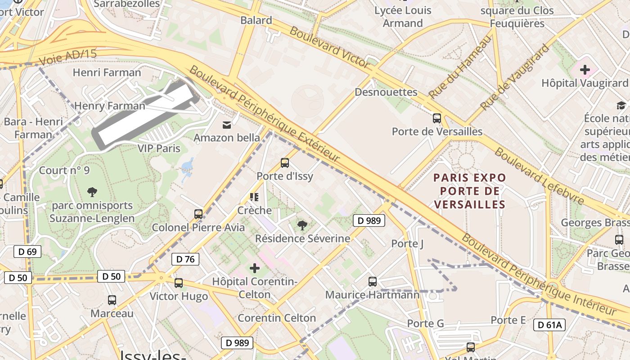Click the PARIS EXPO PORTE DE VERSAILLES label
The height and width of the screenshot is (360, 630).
tap(470, 191)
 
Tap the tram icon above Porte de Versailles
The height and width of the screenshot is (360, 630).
tap(436, 118)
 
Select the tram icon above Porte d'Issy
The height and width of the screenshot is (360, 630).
tap(284, 163)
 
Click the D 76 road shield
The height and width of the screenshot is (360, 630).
tap(185, 259)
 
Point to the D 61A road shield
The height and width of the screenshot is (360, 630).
tap(549, 325)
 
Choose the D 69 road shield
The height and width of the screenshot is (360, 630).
tap(27, 252)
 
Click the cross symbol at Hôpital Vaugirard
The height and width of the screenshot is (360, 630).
tap(585, 70)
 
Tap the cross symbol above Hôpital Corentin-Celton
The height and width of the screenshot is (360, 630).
tap(255, 269)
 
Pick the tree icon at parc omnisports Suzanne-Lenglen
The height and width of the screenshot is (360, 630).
tap(92, 192)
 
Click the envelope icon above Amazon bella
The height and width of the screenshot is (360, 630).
tap(227, 125)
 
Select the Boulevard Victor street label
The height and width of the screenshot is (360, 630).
tap(329, 47)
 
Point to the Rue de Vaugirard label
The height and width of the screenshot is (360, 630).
tap(515, 77)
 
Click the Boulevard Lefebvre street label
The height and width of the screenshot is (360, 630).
tap(539, 176)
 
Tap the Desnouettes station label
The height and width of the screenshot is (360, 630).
tap(386, 92)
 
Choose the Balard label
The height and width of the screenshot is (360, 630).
tap(256, 20)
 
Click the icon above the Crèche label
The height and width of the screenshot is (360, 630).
tap(254, 197)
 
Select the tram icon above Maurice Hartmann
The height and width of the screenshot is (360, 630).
tap(372, 282)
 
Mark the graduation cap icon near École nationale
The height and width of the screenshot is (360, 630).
tap(621, 105)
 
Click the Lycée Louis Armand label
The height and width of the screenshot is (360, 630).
tap(403, 17)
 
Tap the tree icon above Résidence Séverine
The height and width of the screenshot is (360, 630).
tap(302, 225)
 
